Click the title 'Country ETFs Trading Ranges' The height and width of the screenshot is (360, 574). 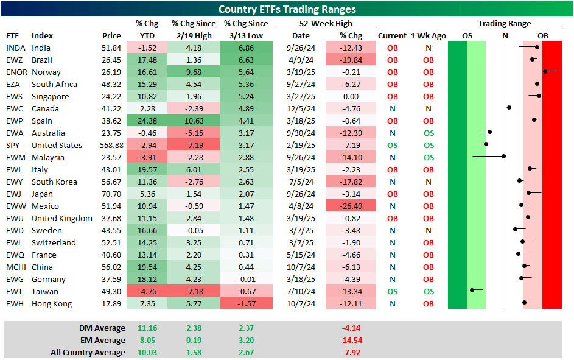click(x=287, y=9)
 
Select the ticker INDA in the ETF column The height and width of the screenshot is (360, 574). click(x=16, y=48)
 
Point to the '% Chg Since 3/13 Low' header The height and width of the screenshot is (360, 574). click(x=245, y=29)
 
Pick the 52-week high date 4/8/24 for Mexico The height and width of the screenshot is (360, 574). click(x=300, y=206)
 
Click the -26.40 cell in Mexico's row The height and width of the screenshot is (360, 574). click(x=351, y=206)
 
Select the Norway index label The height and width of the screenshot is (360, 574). click(x=46, y=72)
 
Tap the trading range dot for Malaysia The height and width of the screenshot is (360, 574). click(x=503, y=157)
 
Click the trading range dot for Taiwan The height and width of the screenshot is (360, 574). click(x=472, y=291)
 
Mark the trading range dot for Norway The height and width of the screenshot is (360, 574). click(x=545, y=71)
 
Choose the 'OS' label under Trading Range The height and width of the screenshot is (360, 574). click(x=467, y=36)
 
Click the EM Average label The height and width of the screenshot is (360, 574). click(x=102, y=341)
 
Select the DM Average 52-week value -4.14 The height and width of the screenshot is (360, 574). click(x=351, y=328)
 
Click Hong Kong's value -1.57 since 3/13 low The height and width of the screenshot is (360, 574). click(x=245, y=304)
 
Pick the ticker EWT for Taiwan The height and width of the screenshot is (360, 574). click(x=15, y=292)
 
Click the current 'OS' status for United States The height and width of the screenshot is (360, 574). click(x=392, y=146)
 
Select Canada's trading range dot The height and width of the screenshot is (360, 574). click(x=509, y=108)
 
